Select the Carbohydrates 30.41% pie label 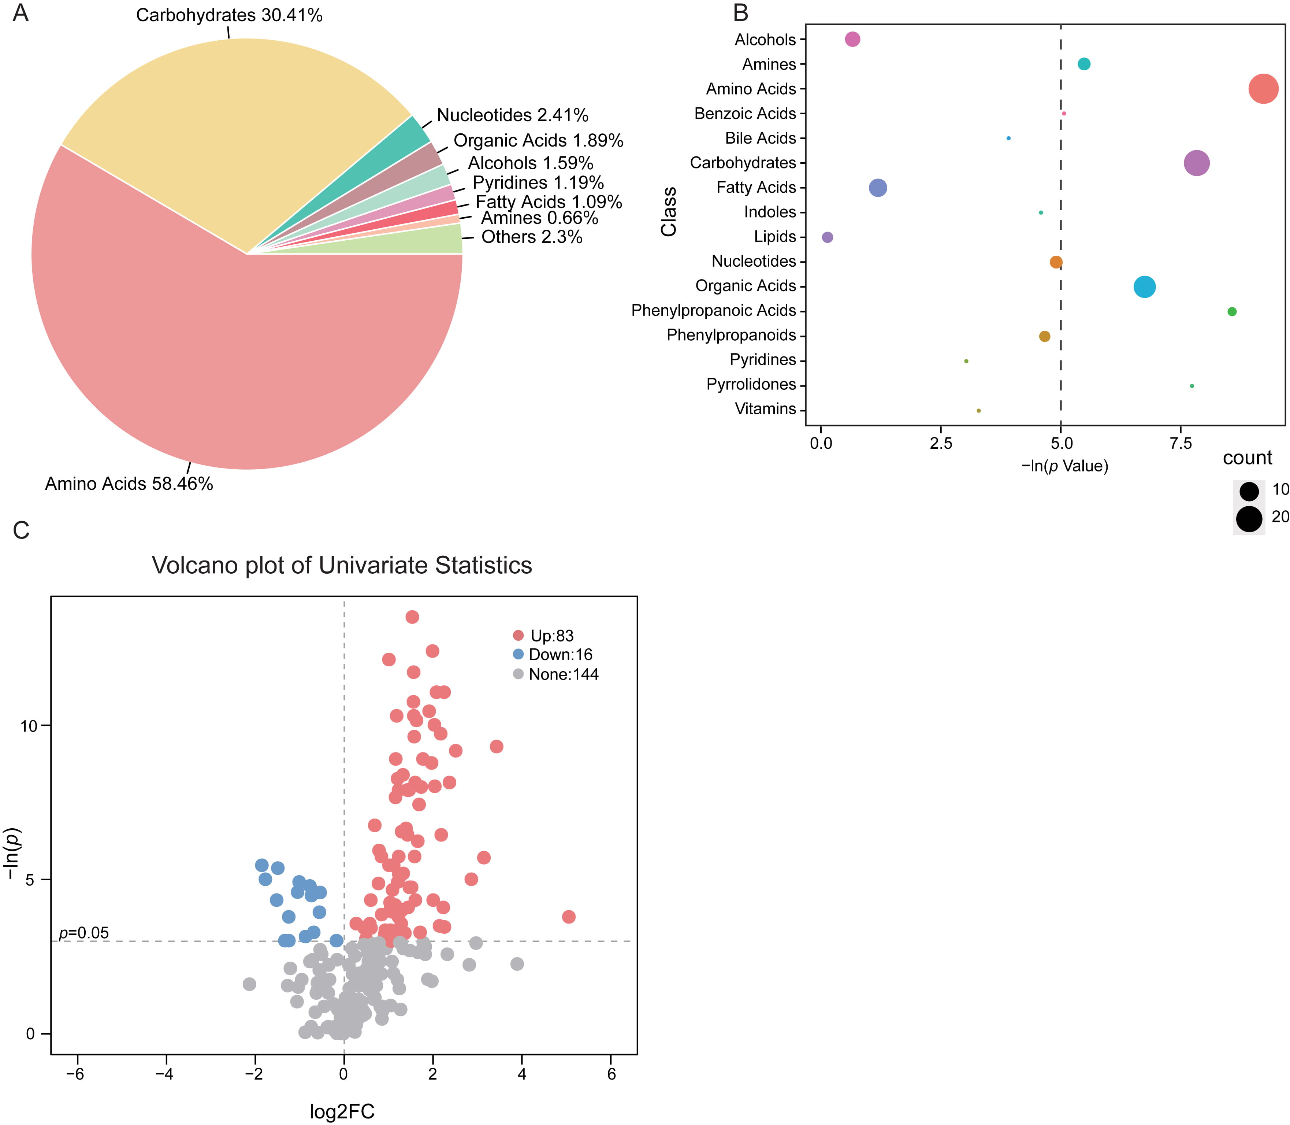click(229, 15)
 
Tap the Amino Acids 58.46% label click(129, 484)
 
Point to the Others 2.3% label click(531, 237)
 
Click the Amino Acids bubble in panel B click(1263, 89)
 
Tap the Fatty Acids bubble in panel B click(878, 188)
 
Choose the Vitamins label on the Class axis click(765, 409)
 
